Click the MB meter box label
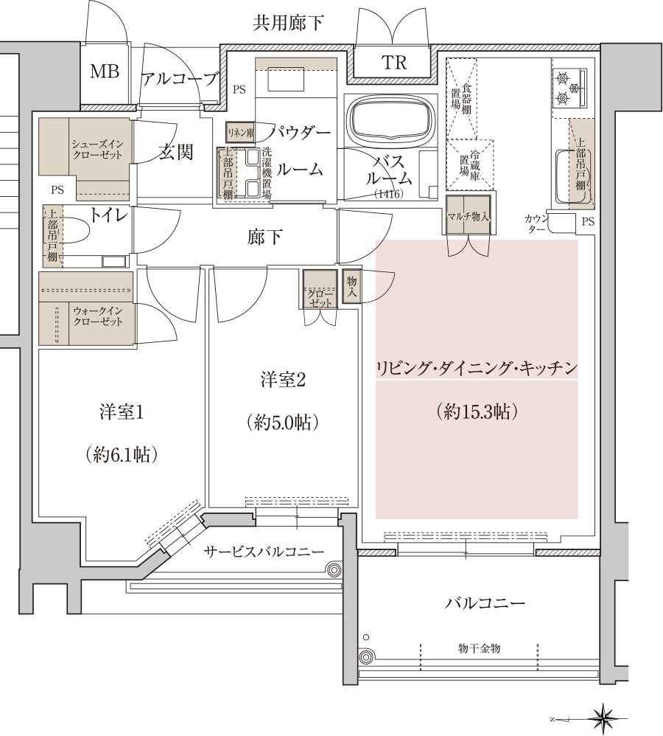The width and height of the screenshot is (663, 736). [104, 72]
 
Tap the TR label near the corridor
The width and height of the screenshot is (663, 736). [394, 63]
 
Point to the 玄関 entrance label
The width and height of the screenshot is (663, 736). [175, 153]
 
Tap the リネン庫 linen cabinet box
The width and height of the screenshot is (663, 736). [240, 133]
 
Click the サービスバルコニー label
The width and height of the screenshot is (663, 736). [264, 552]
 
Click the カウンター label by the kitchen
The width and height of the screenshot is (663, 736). [536, 223]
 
